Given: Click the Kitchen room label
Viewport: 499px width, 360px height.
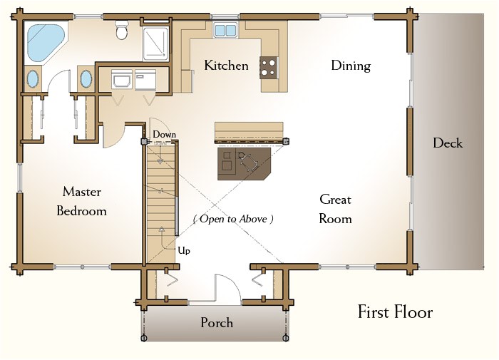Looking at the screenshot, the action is (x=226, y=66).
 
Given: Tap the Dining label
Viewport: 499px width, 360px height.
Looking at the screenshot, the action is (x=351, y=66).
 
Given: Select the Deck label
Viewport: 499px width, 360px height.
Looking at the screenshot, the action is (x=448, y=143).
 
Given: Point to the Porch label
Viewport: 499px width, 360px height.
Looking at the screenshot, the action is (x=217, y=322).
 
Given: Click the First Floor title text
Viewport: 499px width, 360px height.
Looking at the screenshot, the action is (x=395, y=312).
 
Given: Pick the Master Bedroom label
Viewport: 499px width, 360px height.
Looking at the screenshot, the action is (x=81, y=201).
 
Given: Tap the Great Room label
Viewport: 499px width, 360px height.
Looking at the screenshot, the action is (x=336, y=209).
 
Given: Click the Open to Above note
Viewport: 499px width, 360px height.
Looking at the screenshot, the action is (x=233, y=219).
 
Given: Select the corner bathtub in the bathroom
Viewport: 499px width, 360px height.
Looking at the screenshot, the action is (x=46, y=42).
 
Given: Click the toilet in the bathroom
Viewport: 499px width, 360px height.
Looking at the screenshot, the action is (x=121, y=29).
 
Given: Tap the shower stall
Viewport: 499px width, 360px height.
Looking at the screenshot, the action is (x=155, y=43).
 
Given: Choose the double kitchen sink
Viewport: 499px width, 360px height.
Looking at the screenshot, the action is (x=225, y=30).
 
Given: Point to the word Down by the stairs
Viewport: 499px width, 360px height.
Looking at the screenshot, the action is (x=164, y=134).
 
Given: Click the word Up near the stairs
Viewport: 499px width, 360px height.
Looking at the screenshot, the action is (x=184, y=250).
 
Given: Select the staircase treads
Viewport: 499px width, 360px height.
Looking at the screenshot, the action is (x=160, y=204).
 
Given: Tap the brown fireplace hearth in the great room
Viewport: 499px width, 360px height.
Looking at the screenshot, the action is (x=244, y=164).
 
